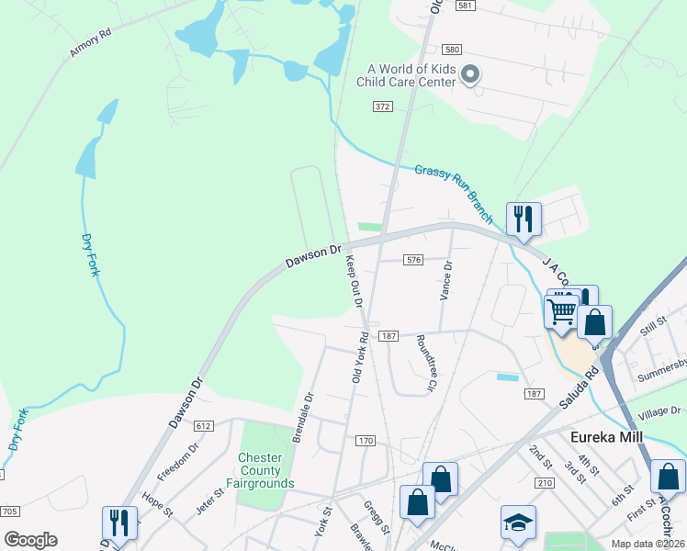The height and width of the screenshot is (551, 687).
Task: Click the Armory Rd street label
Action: tap(90, 43)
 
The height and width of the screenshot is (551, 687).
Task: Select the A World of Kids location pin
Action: tap(470, 74)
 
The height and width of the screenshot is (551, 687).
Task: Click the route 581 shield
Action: tap(466, 6)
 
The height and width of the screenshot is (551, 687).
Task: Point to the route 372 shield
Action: tap(382, 107)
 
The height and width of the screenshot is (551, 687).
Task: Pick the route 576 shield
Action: tap(413, 260)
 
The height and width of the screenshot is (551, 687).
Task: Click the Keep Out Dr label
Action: tap(355, 283)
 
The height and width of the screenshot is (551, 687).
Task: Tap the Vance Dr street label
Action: tap(446, 281)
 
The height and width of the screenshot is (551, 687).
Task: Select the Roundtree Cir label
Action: tap(425, 362)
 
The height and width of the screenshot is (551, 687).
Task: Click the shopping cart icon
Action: tap(559, 310)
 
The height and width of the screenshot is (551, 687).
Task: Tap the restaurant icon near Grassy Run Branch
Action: tap(523, 219)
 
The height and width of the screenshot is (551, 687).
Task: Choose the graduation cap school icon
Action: tap(518, 522)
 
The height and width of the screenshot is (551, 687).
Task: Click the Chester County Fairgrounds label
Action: tap(266, 470)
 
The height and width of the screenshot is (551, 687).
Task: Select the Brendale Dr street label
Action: tap(303, 418)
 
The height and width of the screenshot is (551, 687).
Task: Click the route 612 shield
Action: tap(204, 426)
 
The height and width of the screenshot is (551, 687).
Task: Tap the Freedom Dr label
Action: tap(178, 462)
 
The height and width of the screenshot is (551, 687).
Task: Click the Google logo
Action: tap(29, 540)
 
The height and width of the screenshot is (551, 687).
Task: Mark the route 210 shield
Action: tap(545, 483)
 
